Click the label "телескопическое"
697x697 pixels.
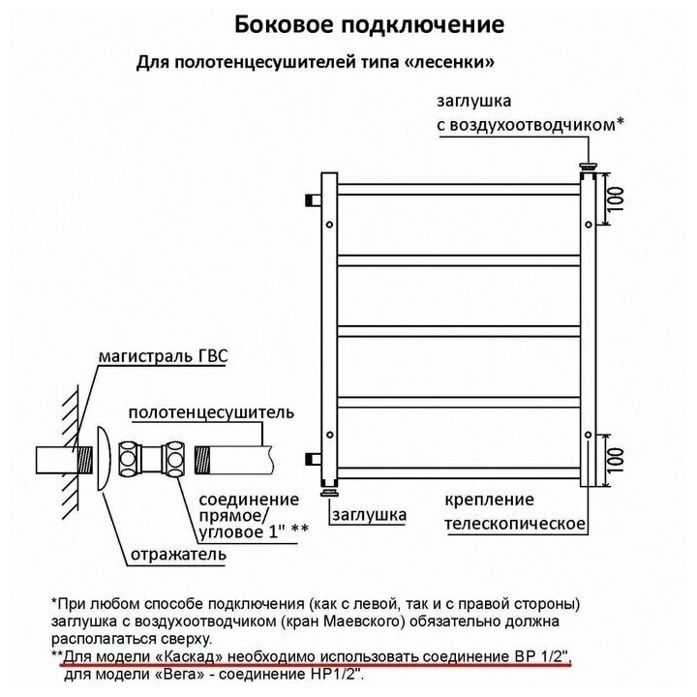coord(516,524)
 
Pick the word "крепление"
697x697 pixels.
coord(490,500)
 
